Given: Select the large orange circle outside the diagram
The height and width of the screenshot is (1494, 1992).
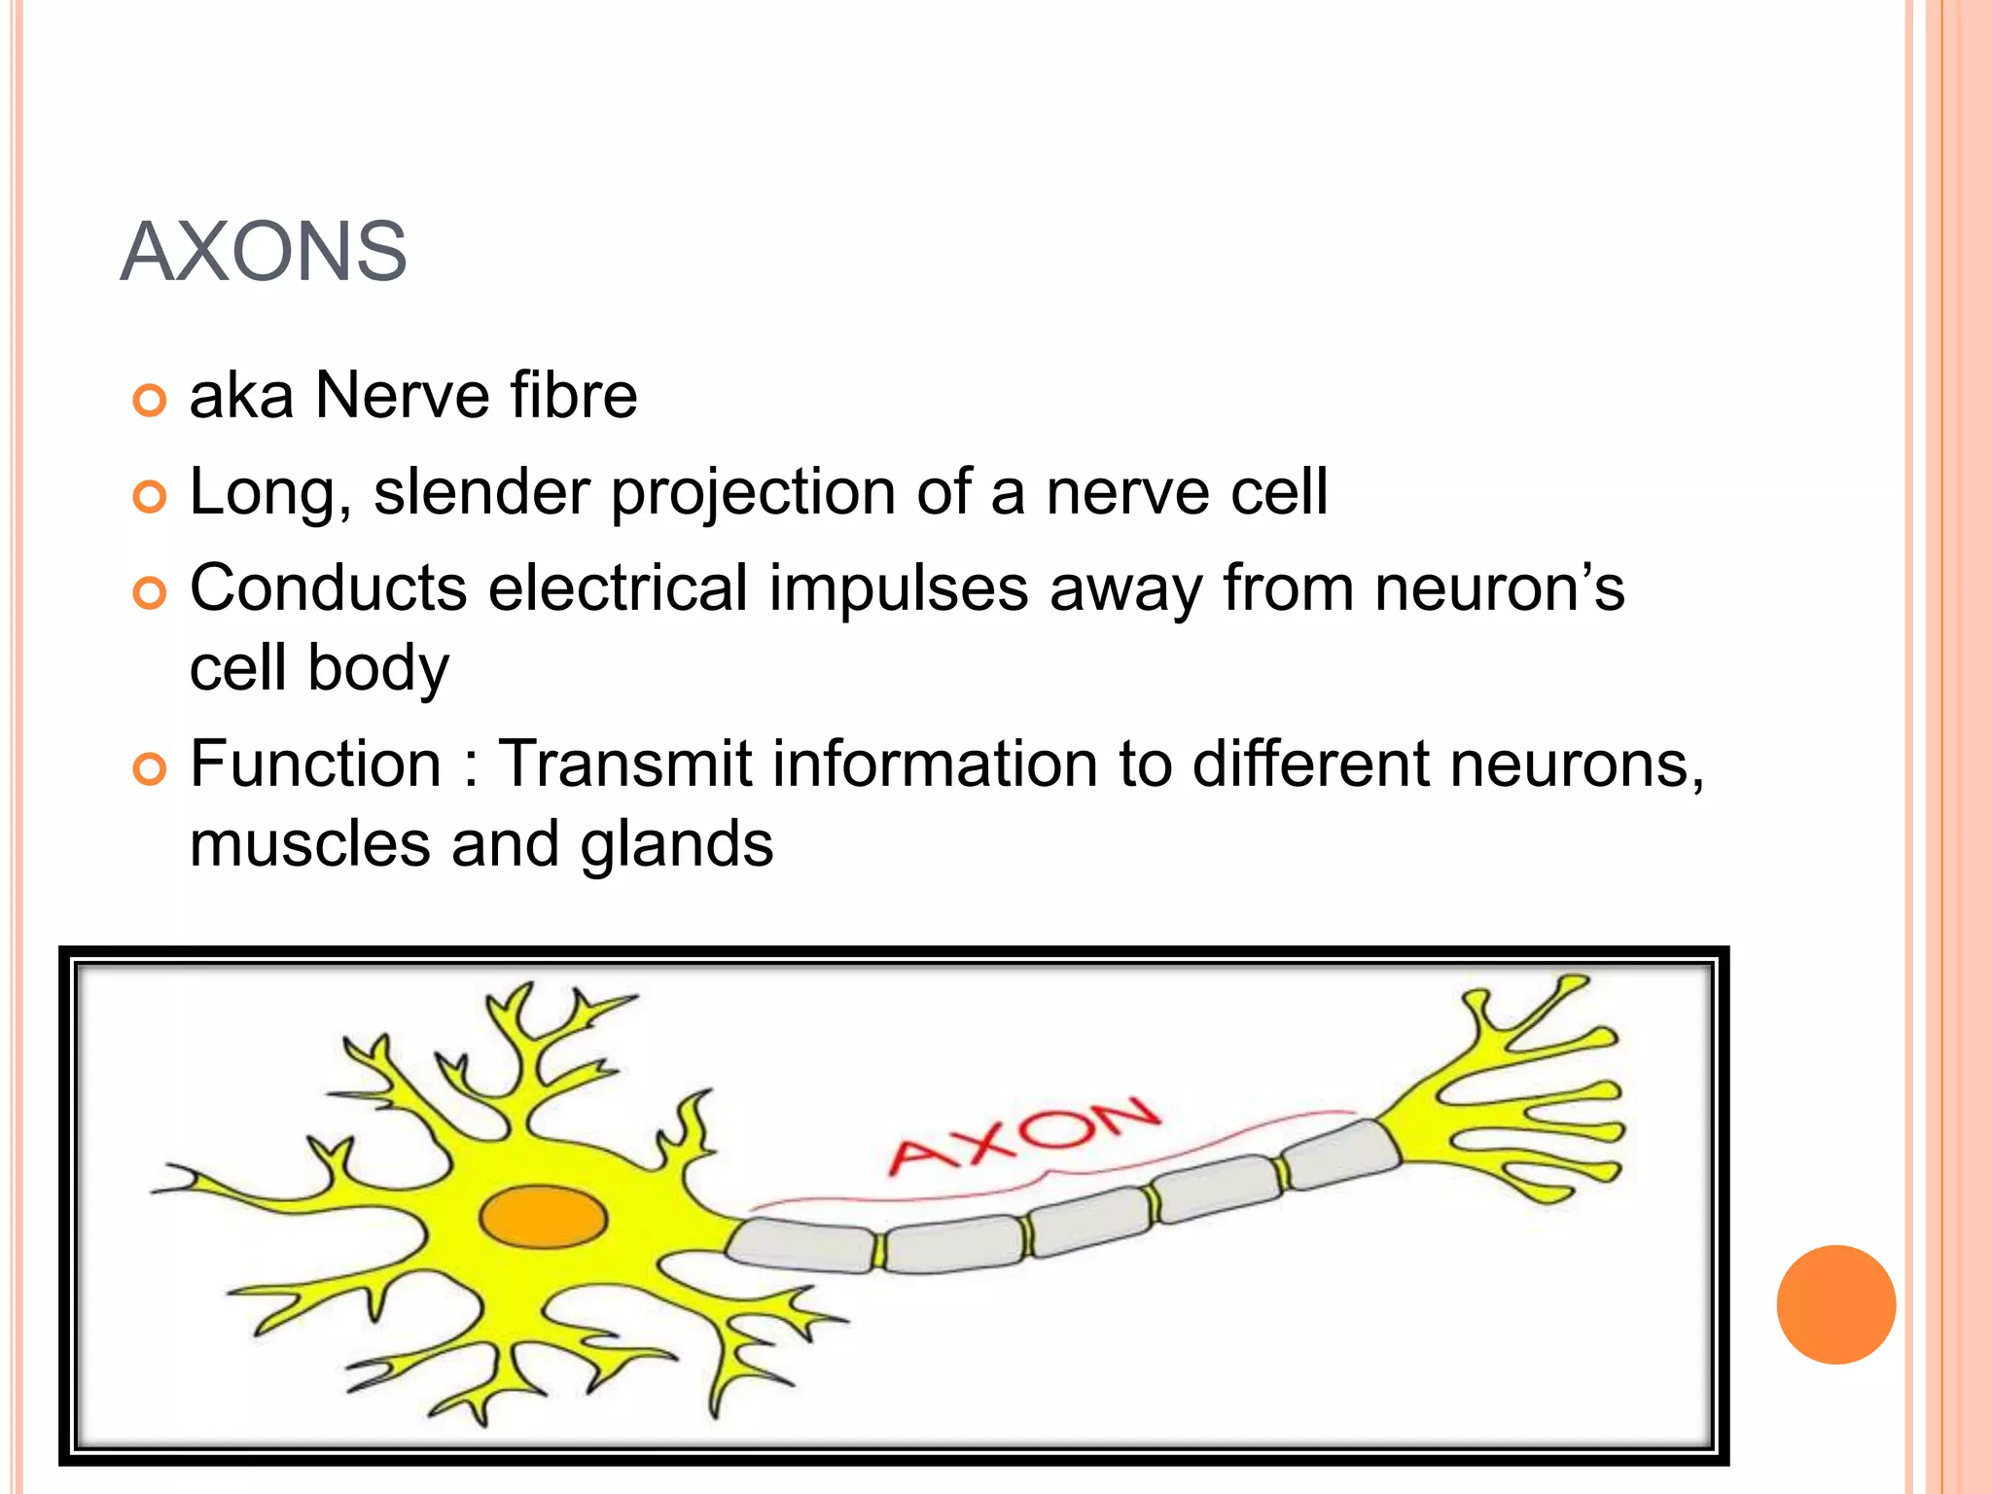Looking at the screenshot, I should point(1835,1304).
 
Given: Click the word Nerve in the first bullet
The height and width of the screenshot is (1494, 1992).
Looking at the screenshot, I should point(402,396).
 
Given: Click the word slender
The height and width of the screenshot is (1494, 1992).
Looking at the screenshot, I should point(481,492).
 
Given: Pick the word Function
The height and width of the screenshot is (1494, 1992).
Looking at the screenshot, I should point(315,764).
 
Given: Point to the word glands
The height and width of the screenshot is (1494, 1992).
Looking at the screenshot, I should point(676,844).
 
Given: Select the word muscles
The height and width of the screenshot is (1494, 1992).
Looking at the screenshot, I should point(309,844).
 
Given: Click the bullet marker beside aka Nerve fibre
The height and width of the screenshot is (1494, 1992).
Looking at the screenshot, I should point(149,400).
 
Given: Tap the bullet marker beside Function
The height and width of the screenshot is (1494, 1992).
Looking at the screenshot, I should point(149,769).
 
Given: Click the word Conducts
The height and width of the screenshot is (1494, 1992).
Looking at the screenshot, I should point(328,588).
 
